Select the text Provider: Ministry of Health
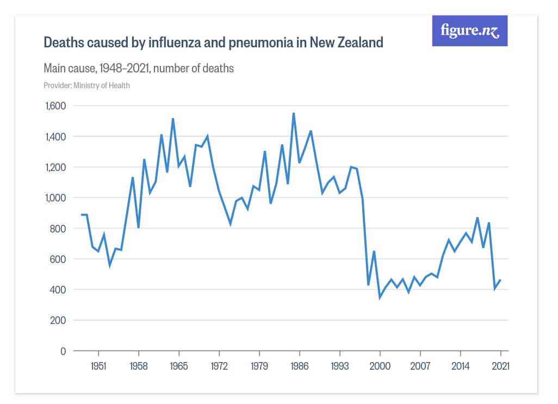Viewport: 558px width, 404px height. pyautogui.click(x=86, y=85)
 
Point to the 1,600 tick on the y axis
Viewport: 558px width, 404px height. pyautogui.click(x=54, y=106)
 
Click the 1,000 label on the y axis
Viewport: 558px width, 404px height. pyautogui.click(x=54, y=198)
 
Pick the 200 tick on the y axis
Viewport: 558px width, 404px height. pyautogui.click(x=58, y=320)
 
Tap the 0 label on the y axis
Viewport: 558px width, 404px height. pyautogui.click(x=63, y=351)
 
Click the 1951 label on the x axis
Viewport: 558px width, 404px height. pyautogui.click(x=98, y=366)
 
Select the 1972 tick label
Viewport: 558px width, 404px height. pyautogui.click(x=219, y=366)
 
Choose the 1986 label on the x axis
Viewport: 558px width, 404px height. pyautogui.click(x=300, y=366)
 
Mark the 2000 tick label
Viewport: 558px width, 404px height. pyautogui.click(x=380, y=366)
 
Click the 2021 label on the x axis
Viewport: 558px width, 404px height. pyautogui.click(x=500, y=366)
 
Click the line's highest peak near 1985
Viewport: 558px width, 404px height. pyautogui.click(x=294, y=113)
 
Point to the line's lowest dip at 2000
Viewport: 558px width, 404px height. pyautogui.click(x=380, y=297)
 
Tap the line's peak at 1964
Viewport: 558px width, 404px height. pyautogui.click(x=173, y=119)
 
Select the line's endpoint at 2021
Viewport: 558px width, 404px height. pyautogui.click(x=500, y=280)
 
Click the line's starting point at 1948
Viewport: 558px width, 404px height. pyautogui.click(x=82, y=215)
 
